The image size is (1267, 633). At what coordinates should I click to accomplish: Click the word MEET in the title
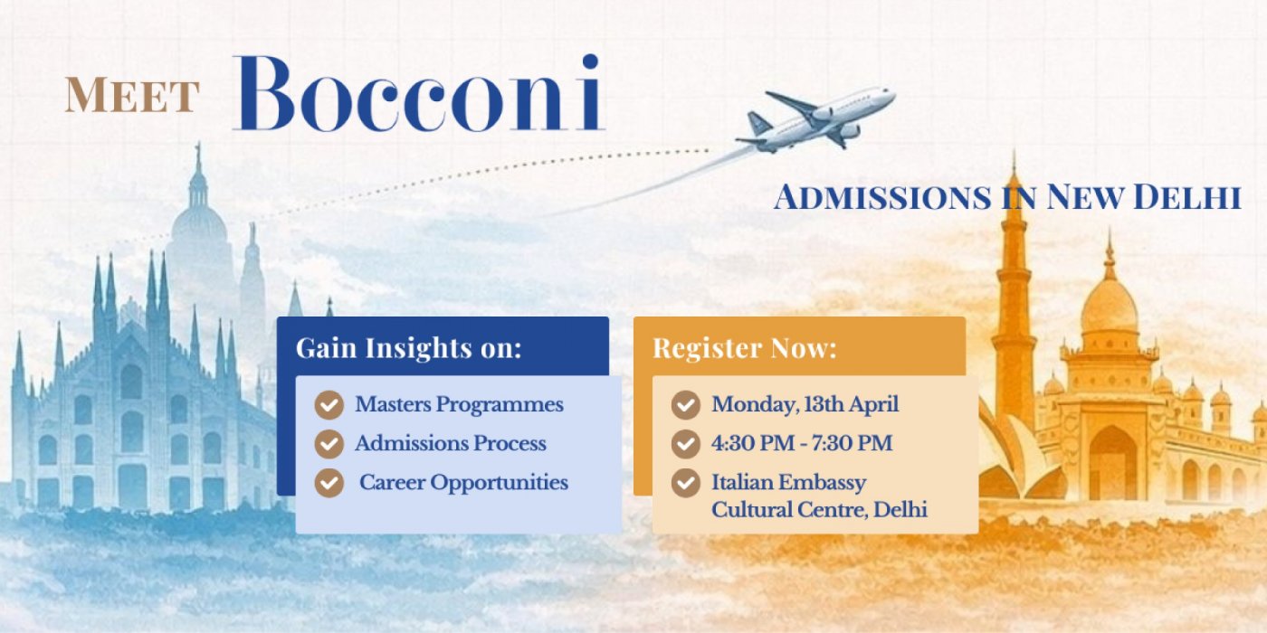click(x=132, y=95)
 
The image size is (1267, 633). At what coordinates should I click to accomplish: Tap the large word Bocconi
click(x=419, y=93)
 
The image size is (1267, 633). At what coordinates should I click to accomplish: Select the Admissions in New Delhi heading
click(x=1006, y=197)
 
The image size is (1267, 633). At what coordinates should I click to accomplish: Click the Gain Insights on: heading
click(x=408, y=347)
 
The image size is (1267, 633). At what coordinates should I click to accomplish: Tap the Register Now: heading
click(x=744, y=347)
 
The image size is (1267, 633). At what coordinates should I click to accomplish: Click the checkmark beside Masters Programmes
click(x=329, y=405)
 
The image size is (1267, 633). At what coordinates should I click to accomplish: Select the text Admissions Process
click(x=451, y=443)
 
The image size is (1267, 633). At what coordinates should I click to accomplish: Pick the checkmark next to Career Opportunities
click(x=329, y=483)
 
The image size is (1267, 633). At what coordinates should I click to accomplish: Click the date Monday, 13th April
click(x=805, y=405)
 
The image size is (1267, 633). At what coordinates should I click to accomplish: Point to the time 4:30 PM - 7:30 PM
click(x=802, y=443)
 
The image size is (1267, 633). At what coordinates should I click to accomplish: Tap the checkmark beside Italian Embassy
click(x=686, y=483)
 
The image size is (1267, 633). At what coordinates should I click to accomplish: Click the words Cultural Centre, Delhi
click(x=819, y=510)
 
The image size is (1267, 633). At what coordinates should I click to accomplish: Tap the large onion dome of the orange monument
click(x=1110, y=306)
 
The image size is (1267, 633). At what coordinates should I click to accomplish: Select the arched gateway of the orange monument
click(x=1113, y=463)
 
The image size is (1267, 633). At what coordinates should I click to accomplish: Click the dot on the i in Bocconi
click(x=590, y=61)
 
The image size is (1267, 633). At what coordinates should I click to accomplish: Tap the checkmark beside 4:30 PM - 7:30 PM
click(x=686, y=444)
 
